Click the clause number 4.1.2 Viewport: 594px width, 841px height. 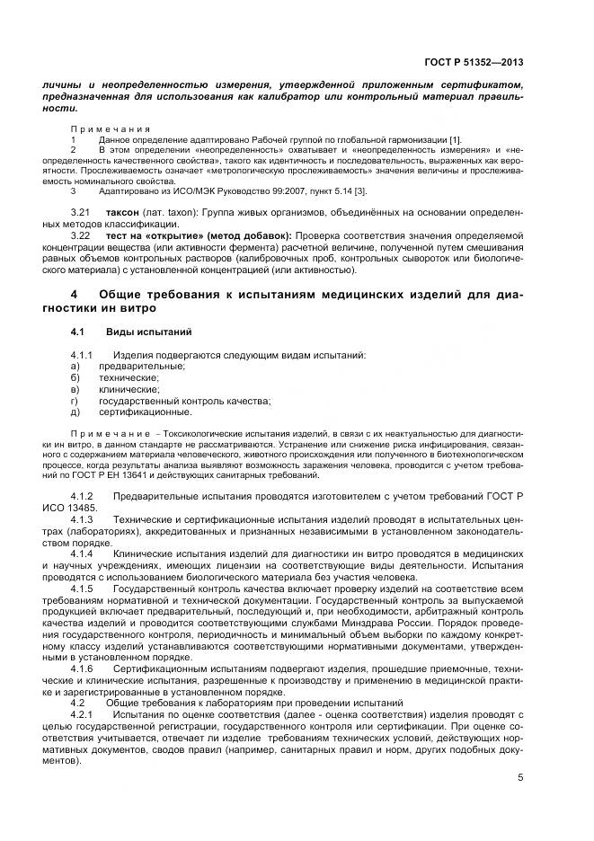82,497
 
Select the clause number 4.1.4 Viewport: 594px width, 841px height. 82,553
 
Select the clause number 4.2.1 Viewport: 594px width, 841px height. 82,713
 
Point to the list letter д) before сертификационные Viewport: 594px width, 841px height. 75,412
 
